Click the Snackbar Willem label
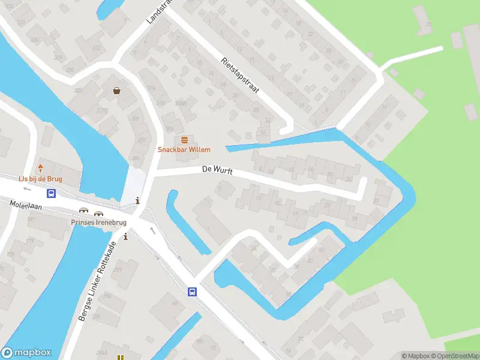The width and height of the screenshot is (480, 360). pos(184,149)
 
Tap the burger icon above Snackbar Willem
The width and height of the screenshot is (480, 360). pos(184,139)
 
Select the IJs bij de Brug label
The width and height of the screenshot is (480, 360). pos(40,178)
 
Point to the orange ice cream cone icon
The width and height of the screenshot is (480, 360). pos(41,167)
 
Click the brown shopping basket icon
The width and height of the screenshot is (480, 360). pos(116,91)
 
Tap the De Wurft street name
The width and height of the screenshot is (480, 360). pos(217,172)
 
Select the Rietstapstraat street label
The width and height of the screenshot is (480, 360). pos(239,74)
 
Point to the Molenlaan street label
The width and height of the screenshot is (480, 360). pos(23,205)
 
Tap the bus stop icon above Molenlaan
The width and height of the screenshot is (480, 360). pos(52,193)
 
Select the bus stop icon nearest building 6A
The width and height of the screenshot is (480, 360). pos(192,292)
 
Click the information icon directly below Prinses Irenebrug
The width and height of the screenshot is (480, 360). pos(125,237)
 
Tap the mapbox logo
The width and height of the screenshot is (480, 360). pos(26,353)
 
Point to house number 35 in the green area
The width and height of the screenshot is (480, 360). pos(428,25)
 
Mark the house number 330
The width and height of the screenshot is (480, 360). pos(34,40)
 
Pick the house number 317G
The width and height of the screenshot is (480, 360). pos(103,110)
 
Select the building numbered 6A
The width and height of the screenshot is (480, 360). pos(175,304)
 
